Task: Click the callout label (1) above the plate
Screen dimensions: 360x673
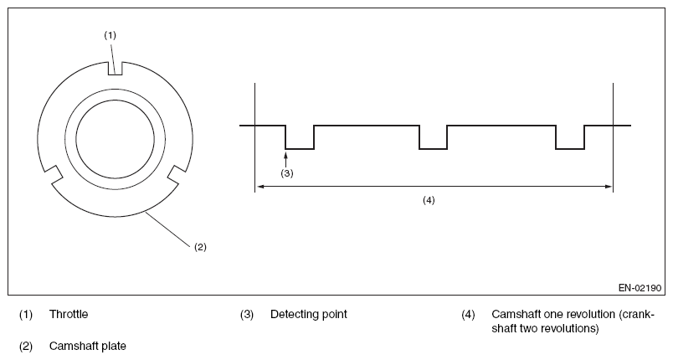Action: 110,34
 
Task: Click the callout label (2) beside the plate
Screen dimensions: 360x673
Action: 200,246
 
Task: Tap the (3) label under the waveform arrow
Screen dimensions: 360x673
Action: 286,173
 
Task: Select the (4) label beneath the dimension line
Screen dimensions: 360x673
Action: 429,200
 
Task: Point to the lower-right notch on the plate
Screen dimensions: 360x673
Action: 177,174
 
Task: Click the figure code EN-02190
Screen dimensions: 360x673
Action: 640,287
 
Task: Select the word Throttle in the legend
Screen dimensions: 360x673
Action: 68,315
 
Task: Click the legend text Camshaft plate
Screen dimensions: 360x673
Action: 87,345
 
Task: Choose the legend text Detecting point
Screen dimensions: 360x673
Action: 308,315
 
